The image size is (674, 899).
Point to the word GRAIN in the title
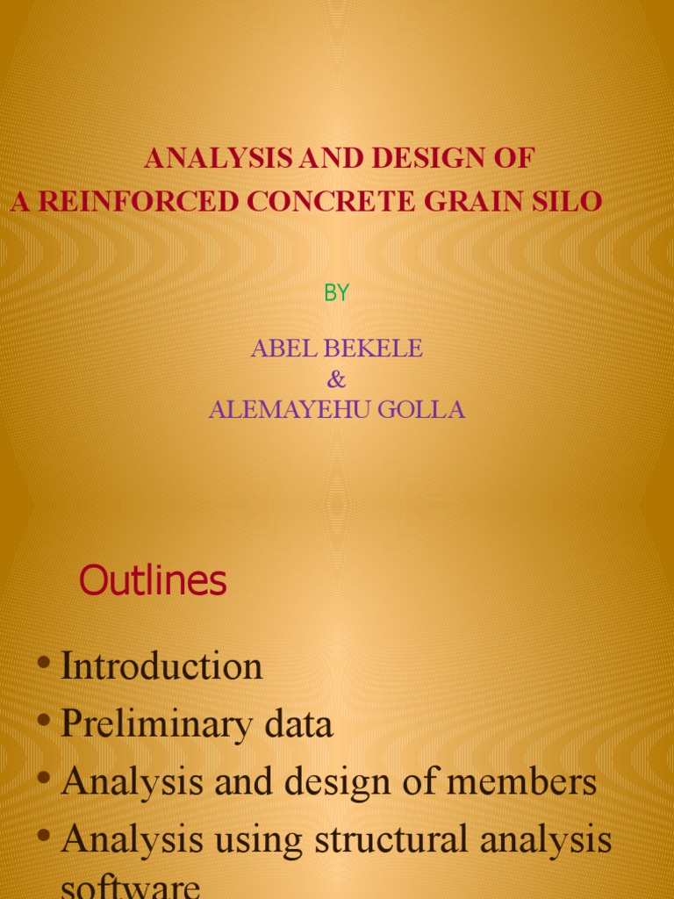coord(471,202)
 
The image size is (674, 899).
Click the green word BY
coord(336,294)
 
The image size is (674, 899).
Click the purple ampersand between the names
coord(336,379)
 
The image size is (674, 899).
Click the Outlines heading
coord(153,581)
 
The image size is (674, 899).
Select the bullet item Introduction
coord(161,666)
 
